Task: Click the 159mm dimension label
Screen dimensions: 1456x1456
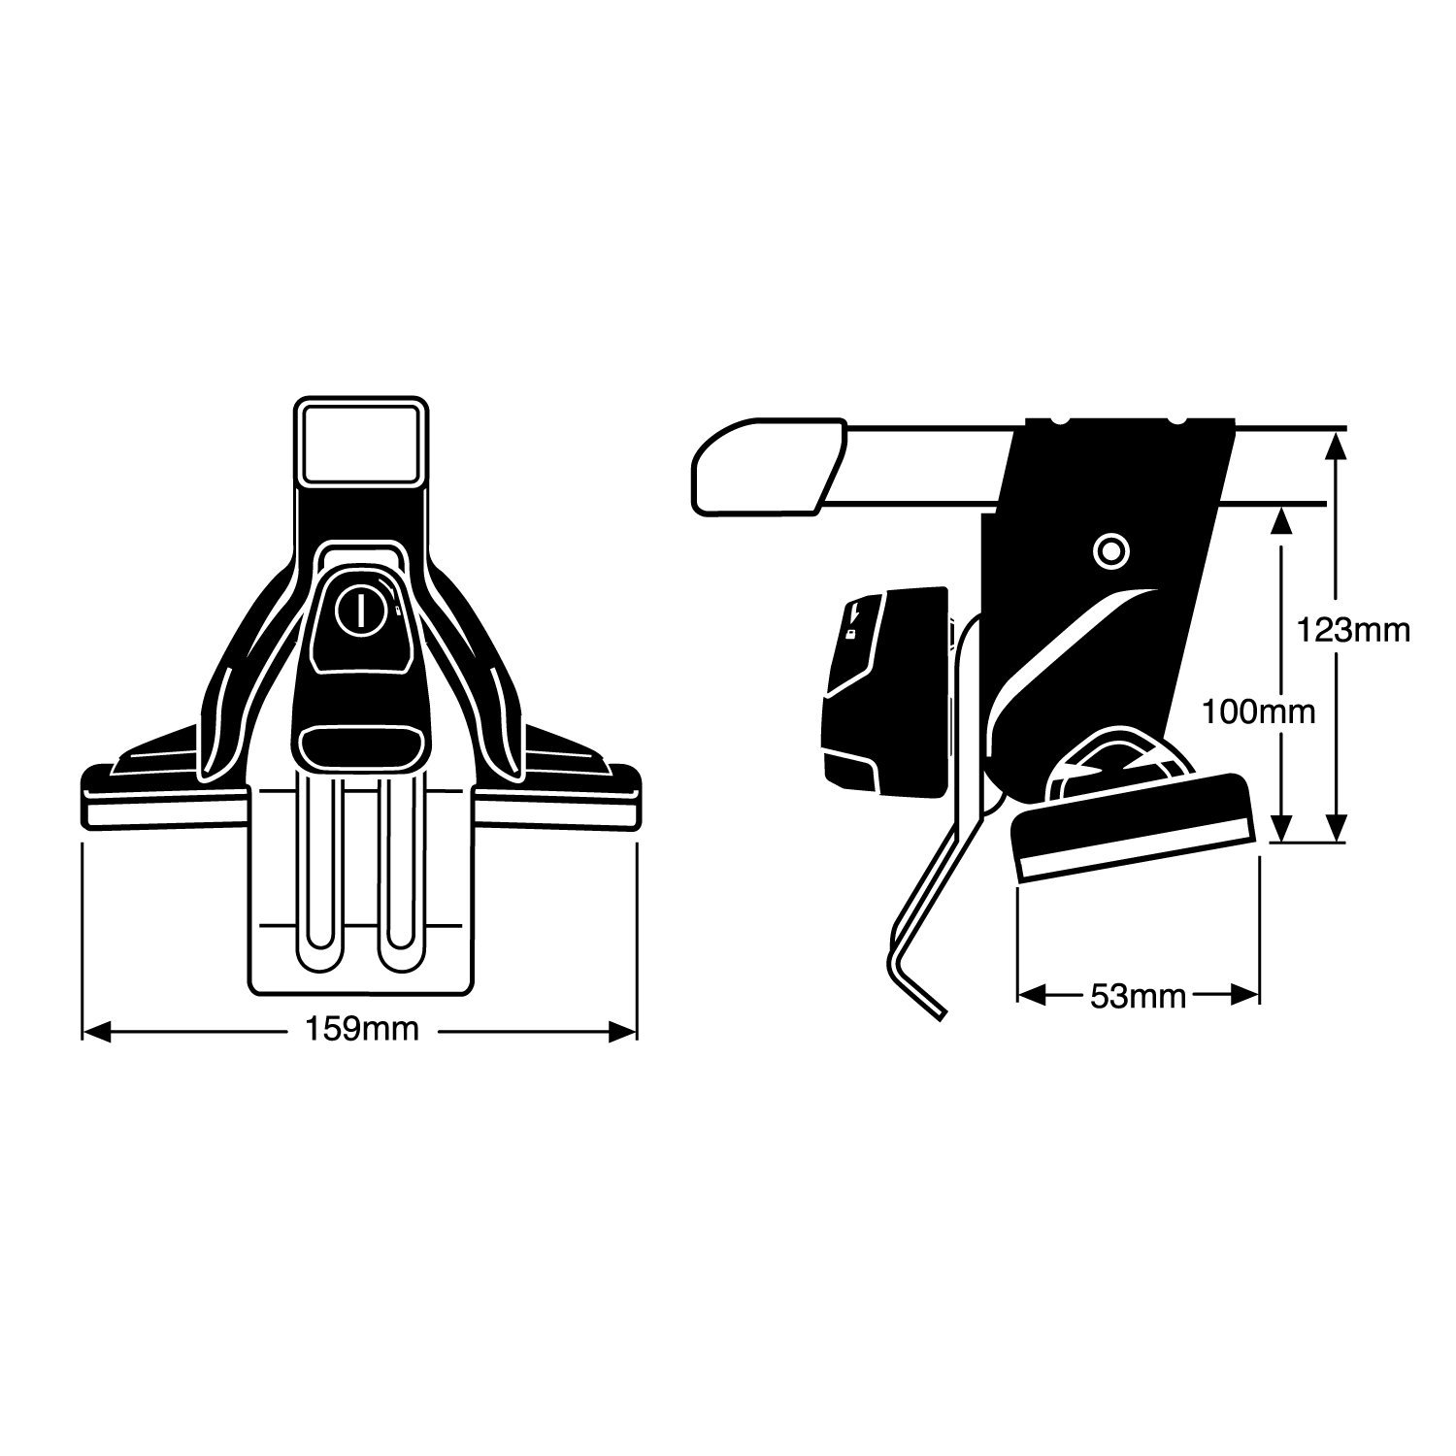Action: (362, 1030)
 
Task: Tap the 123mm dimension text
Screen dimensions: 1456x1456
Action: (1353, 630)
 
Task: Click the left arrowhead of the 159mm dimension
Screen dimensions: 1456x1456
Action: (95, 1031)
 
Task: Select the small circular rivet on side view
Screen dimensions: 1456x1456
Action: (1110, 551)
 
